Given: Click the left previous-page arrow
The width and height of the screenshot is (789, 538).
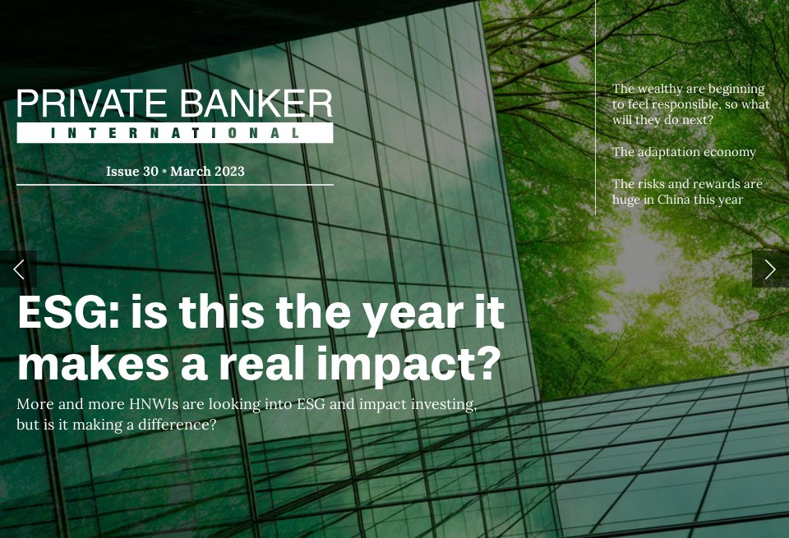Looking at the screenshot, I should (x=18, y=269).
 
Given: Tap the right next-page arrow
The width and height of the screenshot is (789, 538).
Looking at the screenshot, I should (x=770, y=269).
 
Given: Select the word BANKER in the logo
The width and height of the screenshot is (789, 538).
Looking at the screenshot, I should (x=256, y=105).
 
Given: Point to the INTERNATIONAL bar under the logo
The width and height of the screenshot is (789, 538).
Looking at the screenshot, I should (x=174, y=133).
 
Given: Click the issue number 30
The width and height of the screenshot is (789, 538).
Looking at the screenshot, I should (x=150, y=172).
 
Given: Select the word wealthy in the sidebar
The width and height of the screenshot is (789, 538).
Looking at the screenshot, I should (x=657, y=89).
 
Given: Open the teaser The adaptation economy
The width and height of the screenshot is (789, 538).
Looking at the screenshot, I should (x=684, y=152).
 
